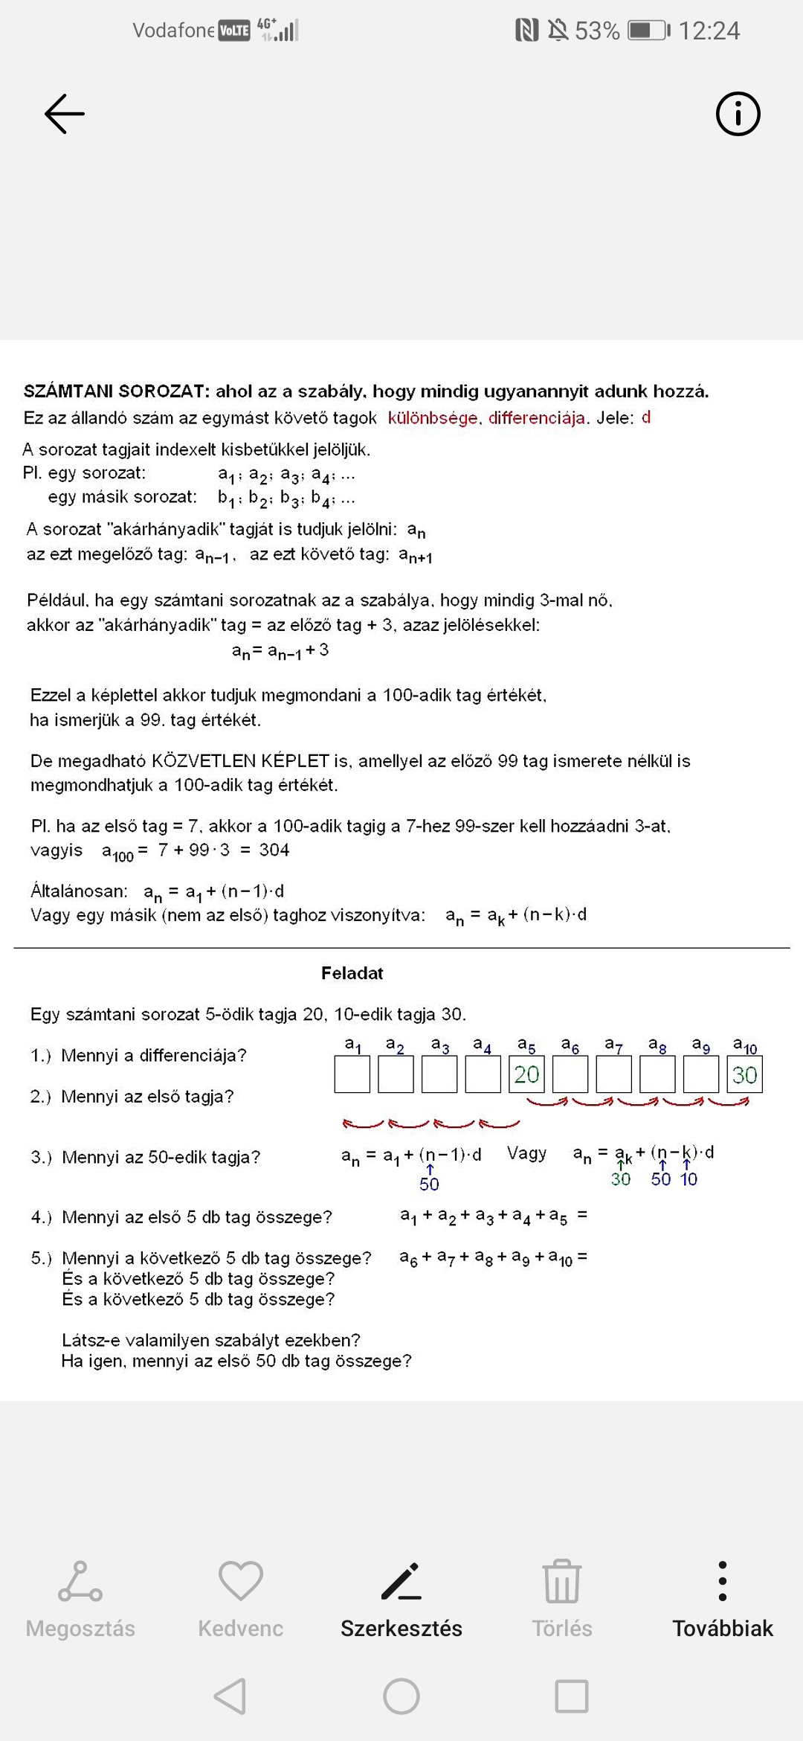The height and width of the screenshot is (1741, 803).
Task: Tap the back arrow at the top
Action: pyautogui.click(x=65, y=114)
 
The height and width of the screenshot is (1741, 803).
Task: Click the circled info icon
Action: pyautogui.click(x=738, y=114)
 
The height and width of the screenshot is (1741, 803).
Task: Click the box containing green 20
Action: pyautogui.click(x=526, y=1074)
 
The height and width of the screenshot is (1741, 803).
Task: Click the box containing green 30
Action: pyautogui.click(x=744, y=1074)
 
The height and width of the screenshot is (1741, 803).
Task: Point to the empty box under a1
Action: pyautogui.click(x=352, y=1074)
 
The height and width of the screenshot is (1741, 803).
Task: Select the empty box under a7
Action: pyautogui.click(x=614, y=1074)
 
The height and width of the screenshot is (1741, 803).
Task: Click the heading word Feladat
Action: pyautogui.click(x=352, y=973)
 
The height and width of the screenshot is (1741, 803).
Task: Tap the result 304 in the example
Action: pyautogui.click(x=274, y=850)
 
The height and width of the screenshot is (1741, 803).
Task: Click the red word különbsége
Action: pyautogui.click(x=433, y=418)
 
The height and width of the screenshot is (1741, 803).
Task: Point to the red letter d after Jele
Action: pyautogui.click(x=646, y=417)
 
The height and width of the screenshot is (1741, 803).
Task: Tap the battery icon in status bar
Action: pyautogui.click(x=648, y=31)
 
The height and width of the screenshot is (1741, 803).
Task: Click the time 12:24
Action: pyautogui.click(x=709, y=31)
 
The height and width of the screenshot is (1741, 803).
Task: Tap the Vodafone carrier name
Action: pyautogui.click(x=173, y=31)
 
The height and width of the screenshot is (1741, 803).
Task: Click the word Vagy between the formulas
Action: pyautogui.click(x=526, y=1153)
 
